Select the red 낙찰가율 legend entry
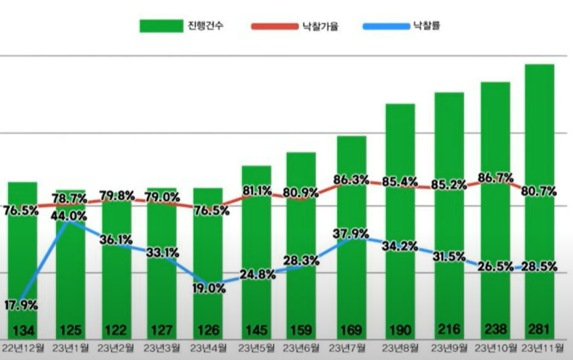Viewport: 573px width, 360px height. pyautogui.click(x=295, y=27)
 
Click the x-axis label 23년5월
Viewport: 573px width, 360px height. pyautogui.click(x=256, y=347)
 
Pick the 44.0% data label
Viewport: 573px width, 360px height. pyautogui.click(x=70, y=215)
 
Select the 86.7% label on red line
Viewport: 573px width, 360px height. pyautogui.click(x=495, y=177)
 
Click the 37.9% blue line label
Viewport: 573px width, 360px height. pyautogui.click(x=351, y=233)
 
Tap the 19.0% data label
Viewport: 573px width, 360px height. pyautogui.click(x=209, y=287)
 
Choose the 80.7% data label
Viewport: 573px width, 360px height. pyautogui.click(x=539, y=191)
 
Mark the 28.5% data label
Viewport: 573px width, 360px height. pyautogui.click(x=539, y=267)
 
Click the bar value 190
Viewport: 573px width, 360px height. pyautogui.click(x=400, y=328)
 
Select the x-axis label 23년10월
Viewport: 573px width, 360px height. pyautogui.click(x=494, y=347)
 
